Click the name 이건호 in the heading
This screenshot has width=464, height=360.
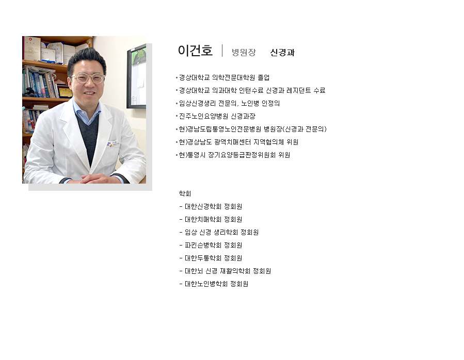pos(195,51)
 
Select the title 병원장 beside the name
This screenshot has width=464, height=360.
pos(244,53)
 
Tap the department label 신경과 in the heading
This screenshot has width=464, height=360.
pos(282,53)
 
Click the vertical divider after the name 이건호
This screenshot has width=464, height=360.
pos(222,51)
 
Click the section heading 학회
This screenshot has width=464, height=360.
pos(185,194)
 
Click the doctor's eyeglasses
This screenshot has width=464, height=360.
pos(88,78)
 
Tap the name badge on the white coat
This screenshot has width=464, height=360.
pos(114,144)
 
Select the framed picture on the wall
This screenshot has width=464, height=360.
pos(136,76)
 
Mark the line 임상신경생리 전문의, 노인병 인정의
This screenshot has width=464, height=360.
pos(229,103)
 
